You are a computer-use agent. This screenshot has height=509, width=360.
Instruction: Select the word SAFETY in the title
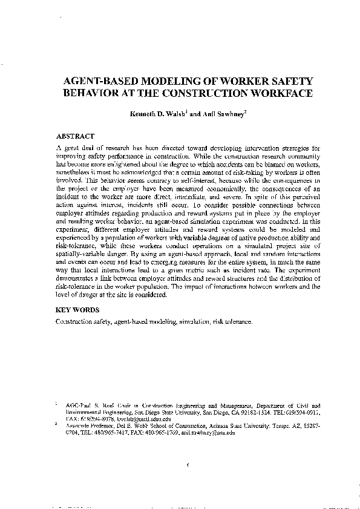(287, 81)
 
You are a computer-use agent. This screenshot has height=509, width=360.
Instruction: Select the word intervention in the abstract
(244, 147)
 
